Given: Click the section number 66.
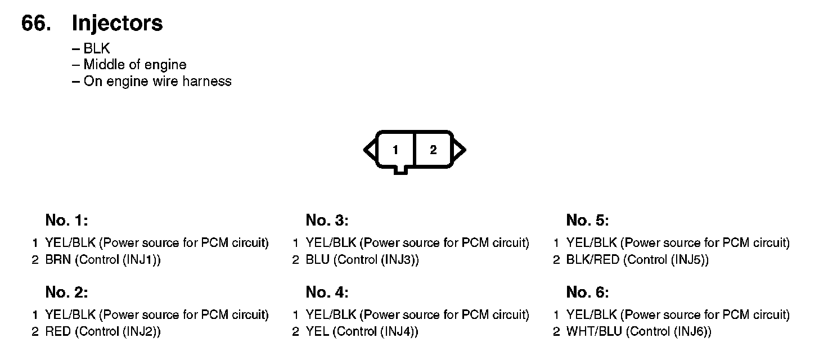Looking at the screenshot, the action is tap(36, 23).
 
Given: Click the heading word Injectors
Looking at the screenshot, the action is tap(117, 24).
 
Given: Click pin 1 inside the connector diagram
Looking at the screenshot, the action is tap(395, 150).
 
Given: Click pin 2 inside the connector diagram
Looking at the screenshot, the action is tap(433, 150).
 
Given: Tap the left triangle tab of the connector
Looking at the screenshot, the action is tap(370, 150).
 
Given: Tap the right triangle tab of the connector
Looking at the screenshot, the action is tap(459, 150).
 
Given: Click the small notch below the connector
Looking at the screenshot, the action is tap(400, 170).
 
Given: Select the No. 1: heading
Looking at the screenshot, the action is tap(66, 220).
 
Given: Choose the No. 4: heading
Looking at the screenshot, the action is tap(327, 292).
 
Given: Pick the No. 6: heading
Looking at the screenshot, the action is tap(588, 292).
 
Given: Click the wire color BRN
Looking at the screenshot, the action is tap(58, 259).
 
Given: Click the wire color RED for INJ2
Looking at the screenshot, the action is tap(58, 331).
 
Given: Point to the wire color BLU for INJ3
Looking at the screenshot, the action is tap(317, 259).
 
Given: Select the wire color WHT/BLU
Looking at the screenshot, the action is tap(594, 331).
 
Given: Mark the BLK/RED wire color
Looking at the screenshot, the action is tap(593, 259).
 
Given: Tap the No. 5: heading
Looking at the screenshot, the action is tap(588, 220).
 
